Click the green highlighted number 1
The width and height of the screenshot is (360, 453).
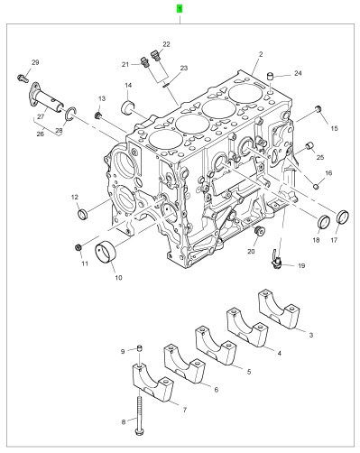pyautogui.click(x=180, y=9)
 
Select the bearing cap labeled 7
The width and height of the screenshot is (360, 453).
pyautogui.click(x=152, y=383)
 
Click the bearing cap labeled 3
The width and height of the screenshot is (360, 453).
pyautogui.click(x=280, y=309)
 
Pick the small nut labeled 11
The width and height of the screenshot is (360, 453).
pyautogui.click(x=78, y=247)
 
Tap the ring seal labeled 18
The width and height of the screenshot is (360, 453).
pyautogui.click(x=324, y=221)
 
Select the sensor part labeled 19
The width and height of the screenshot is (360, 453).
pyautogui.click(x=276, y=259)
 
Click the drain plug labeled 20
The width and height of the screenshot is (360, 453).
pyautogui.click(x=259, y=230)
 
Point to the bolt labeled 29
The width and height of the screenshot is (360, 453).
pyautogui.click(x=23, y=78)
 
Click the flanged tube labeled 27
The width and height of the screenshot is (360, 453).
pyautogui.click(x=46, y=96)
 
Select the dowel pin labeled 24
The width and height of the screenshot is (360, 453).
pyautogui.click(x=271, y=76)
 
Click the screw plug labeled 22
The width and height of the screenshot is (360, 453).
pyautogui.click(x=156, y=55)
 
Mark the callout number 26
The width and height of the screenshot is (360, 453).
pyautogui.click(x=41, y=134)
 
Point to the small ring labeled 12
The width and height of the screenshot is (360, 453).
pyautogui.click(x=83, y=214)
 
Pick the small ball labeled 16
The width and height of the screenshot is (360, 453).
pyautogui.click(x=316, y=187)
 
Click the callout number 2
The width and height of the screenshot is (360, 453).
pyautogui.click(x=261, y=54)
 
